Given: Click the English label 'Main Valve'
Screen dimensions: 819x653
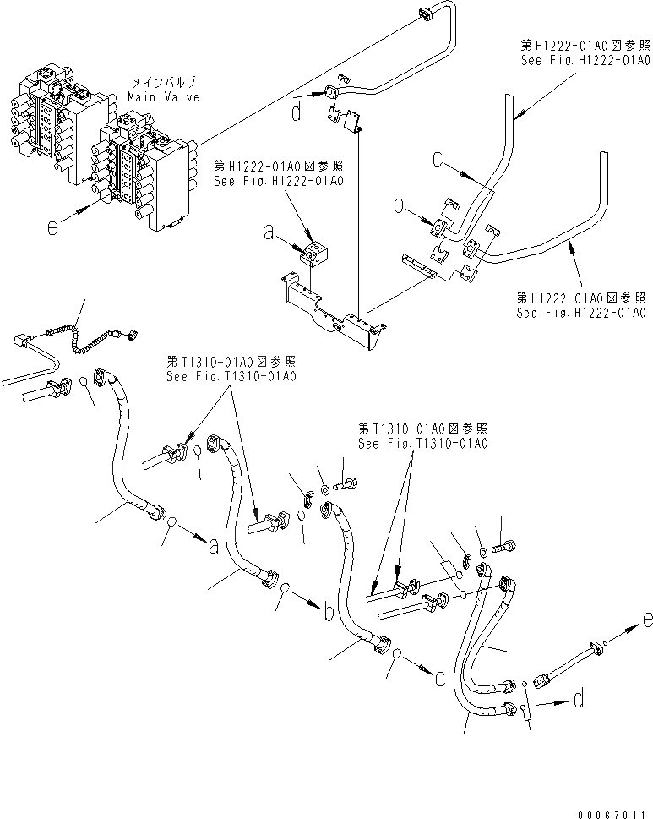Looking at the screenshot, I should (x=164, y=97).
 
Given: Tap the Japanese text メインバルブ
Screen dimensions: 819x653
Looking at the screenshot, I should (x=164, y=84).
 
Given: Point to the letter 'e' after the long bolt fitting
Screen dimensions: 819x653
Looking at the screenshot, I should (x=645, y=621).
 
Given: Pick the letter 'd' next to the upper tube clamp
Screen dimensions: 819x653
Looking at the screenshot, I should (x=296, y=112).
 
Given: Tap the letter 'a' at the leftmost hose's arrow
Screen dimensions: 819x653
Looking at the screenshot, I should (x=213, y=547).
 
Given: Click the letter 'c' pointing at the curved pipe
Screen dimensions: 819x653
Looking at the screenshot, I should (x=438, y=158).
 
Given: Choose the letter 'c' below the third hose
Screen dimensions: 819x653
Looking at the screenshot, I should (x=441, y=676).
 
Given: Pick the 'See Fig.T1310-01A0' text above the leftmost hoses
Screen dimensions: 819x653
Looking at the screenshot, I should (x=231, y=376).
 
